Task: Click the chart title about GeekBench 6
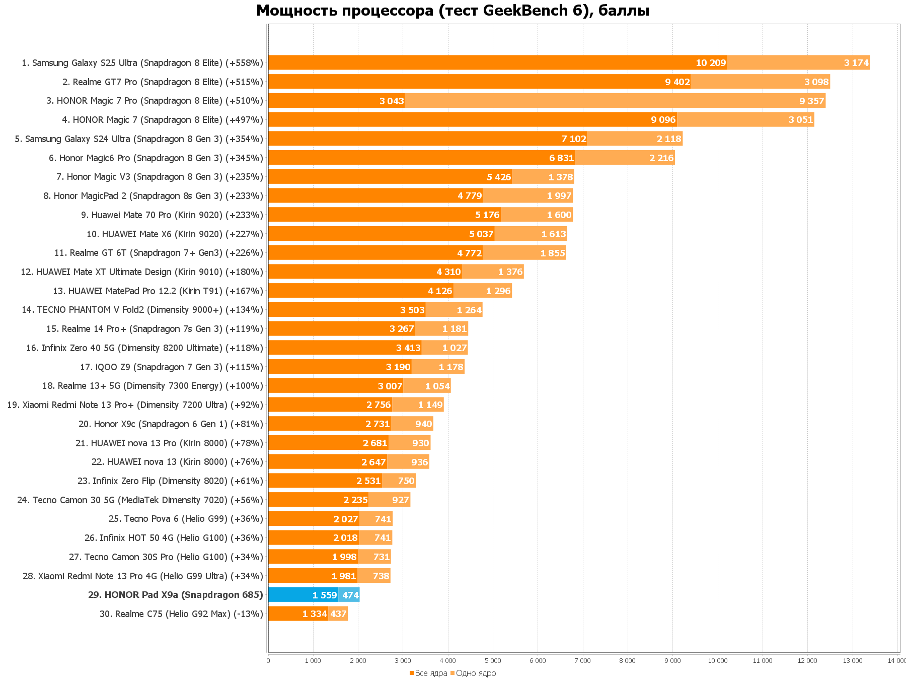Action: (452, 11)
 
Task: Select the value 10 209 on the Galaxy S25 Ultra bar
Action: (711, 63)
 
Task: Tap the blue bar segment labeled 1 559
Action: (303, 595)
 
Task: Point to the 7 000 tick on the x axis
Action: (582, 661)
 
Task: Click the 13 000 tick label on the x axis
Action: (852, 661)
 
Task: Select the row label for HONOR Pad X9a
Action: (175, 595)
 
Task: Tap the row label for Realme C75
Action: (181, 614)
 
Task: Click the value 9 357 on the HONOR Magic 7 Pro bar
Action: (811, 101)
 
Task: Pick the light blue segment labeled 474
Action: (350, 595)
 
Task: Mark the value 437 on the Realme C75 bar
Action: (338, 614)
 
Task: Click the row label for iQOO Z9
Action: (171, 367)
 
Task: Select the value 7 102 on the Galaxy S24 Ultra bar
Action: (574, 139)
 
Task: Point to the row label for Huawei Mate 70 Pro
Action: (172, 215)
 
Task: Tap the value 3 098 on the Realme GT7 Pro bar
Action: (816, 82)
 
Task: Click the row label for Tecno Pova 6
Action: (186, 519)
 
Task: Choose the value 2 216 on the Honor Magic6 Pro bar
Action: (661, 158)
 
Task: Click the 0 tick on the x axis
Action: (268, 661)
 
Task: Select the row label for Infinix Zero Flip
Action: (170, 481)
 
